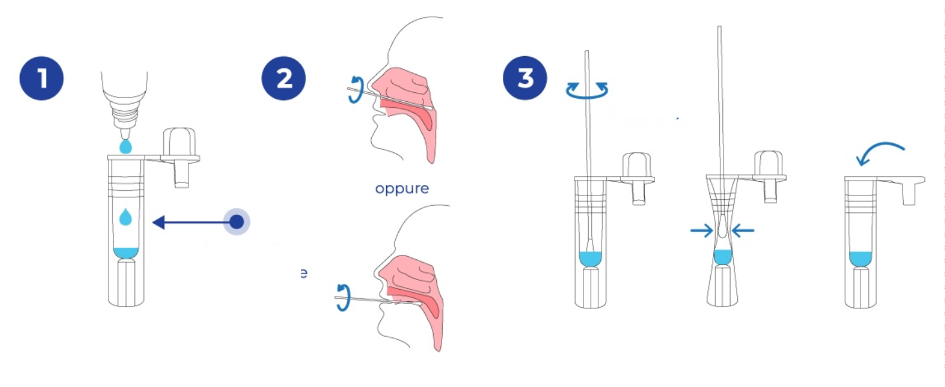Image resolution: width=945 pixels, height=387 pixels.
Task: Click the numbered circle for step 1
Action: pos(41,79)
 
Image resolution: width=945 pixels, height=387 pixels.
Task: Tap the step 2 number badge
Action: pos(283,79)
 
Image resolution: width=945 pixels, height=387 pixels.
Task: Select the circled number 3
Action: pos(525,79)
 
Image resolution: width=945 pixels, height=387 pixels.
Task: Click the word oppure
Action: pos(402,189)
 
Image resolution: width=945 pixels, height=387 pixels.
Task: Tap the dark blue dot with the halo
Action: pos(237,223)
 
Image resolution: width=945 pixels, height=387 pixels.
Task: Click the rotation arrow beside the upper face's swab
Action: pos(355,90)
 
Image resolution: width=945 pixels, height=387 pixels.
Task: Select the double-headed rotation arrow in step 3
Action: pos(587,91)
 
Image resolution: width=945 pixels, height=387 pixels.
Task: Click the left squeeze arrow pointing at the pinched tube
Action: pos(701,230)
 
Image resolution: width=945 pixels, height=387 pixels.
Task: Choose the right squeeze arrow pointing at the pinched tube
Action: pos(743,230)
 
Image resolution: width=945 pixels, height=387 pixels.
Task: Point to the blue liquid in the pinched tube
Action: pos(722,256)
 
